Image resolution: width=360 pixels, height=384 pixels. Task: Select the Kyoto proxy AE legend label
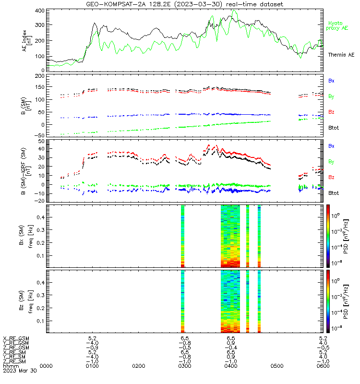pyautogui.click(x=337, y=26)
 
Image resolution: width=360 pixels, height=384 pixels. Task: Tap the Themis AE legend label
pyautogui.click(x=341, y=55)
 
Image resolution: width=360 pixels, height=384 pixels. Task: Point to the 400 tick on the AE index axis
pyautogui.click(x=40, y=11)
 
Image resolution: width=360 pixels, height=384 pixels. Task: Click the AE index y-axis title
pyautogui.click(x=27, y=41)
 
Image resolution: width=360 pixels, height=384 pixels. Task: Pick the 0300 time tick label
pyautogui.click(x=185, y=366)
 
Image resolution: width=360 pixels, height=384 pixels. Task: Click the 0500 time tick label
pyautogui.click(x=277, y=366)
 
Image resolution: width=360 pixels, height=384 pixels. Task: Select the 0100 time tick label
pyautogui.click(x=92, y=366)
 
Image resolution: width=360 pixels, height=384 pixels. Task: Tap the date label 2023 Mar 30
pyautogui.click(x=20, y=371)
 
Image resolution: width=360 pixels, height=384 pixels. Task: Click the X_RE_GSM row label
pyautogui.click(x=16, y=338)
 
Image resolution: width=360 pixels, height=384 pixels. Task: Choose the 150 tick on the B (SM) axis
pyautogui.click(x=40, y=87)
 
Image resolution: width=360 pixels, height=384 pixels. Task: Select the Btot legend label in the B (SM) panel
pyautogui.click(x=334, y=128)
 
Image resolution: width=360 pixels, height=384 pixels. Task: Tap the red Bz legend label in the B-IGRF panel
pyautogui.click(x=331, y=177)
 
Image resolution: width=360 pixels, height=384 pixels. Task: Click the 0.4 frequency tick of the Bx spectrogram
pyautogui.click(x=41, y=217)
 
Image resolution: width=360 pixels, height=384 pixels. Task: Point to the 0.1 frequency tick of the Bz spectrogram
pyautogui.click(x=41, y=321)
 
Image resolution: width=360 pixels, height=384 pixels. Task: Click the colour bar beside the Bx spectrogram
pyautogui.click(x=328, y=236)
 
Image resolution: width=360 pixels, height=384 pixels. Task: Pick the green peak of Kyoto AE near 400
pyautogui.click(x=234, y=10)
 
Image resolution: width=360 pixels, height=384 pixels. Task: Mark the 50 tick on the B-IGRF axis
pyautogui.click(x=42, y=141)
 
